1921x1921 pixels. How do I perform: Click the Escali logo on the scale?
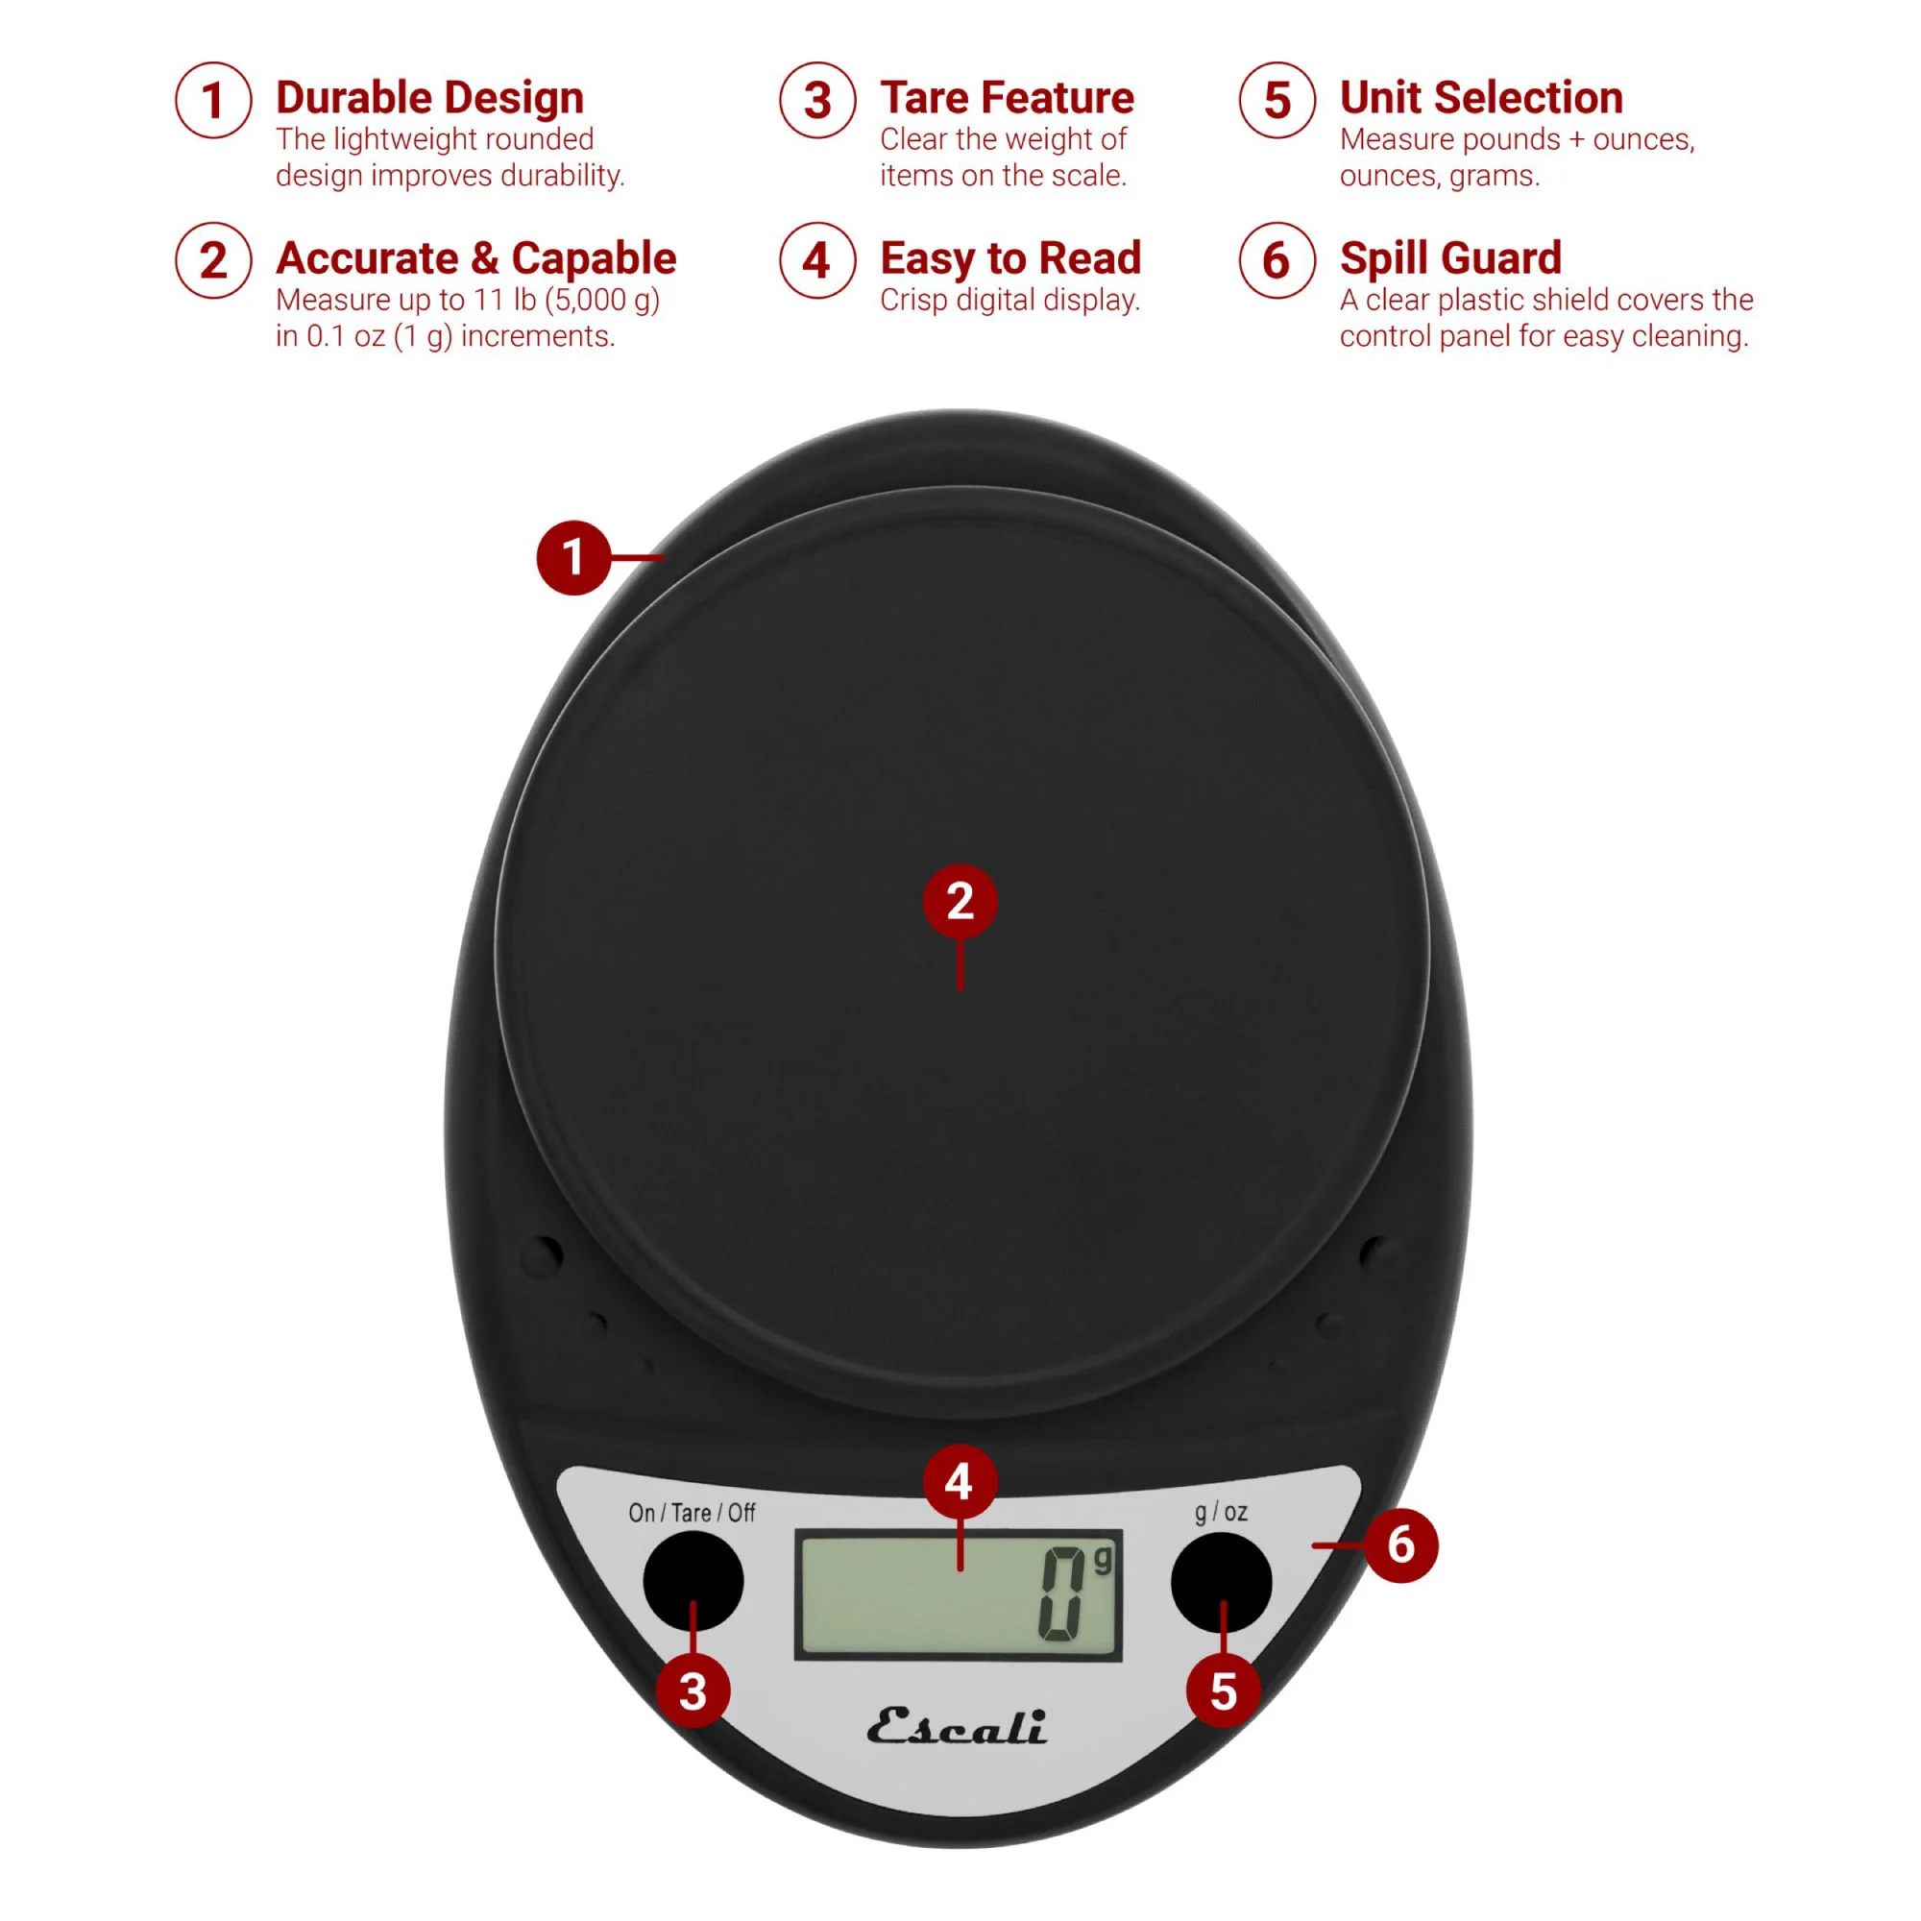point(957,1727)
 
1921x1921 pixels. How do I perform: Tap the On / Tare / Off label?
point(692,1514)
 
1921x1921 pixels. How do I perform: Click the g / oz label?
point(1221,1514)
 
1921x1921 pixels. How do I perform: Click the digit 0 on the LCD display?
point(1061,1593)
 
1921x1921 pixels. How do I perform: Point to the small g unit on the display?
point(1102,1561)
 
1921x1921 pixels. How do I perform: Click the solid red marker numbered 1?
point(573,558)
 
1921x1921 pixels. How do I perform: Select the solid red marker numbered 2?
point(960,902)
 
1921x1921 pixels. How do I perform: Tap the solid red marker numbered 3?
point(693,1691)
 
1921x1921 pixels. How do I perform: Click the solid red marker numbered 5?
point(1223,1691)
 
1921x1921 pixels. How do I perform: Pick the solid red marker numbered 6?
point(1401,1545)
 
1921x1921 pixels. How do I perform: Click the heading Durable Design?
point(429,98)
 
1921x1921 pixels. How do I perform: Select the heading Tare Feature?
point(1008,97)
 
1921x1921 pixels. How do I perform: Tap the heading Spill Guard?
point(1450,259)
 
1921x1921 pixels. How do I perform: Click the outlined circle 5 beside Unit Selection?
point(1277,101)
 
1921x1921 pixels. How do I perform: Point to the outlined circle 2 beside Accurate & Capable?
point(214,260)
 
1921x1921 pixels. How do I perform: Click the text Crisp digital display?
point(1010,301)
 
